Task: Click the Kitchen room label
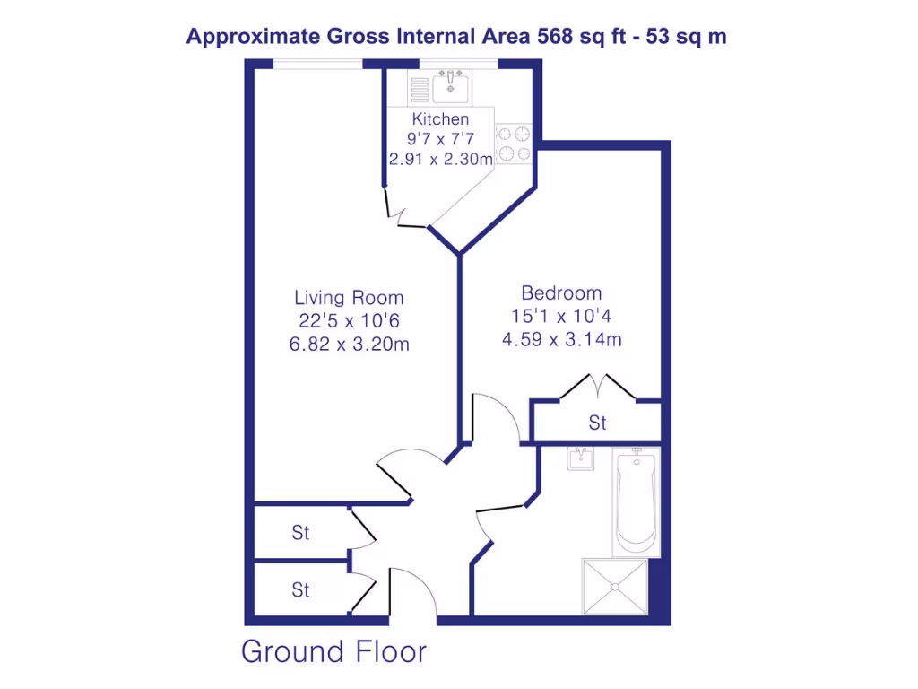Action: coord(440,119)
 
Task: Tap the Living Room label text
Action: coord(349,298)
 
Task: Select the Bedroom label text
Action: coord(561,293)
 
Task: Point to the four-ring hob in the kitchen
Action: coord(515,144)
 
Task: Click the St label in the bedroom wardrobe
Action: coord(598,423)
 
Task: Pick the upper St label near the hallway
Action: coord(300,533)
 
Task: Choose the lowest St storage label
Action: coord(300,590)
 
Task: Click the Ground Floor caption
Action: coord(333,651)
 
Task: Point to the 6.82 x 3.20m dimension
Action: coord(349,344)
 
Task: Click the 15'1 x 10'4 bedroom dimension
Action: coord(561,316)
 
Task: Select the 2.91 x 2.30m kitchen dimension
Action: coord(440,160)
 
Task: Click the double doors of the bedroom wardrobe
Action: coord(598,389)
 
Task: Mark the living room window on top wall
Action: coord(317,63)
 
